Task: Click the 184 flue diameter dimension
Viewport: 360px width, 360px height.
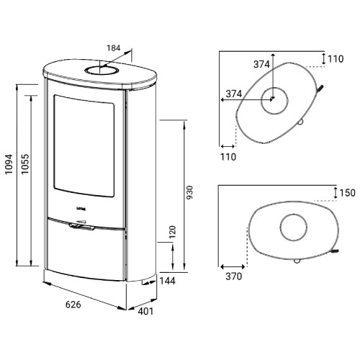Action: tap(114, 48)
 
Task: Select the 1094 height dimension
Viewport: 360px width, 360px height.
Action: tap(9, 164)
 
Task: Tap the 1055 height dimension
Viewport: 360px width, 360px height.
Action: tap(24, 164)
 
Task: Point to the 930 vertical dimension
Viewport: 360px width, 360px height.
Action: tap(189, 192)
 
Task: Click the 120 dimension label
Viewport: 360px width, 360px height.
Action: tap(172, 232)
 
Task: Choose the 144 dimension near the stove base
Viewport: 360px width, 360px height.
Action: tap(168, 281)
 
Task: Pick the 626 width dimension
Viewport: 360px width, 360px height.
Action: tap(73, 305)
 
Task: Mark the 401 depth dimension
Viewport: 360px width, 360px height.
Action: tap(145, 311)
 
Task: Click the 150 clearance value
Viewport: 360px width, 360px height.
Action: tap(348, 193)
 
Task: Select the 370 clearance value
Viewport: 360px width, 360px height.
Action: tap(234, 276)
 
